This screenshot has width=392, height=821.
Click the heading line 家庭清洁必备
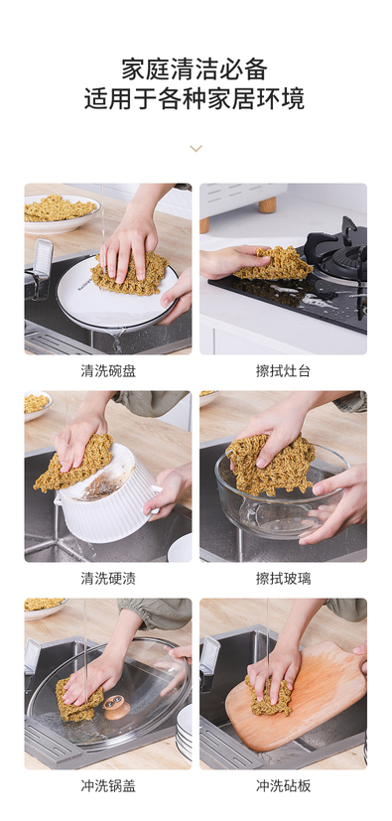coord(195,69)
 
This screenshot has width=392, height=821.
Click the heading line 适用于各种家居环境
coord(195,98)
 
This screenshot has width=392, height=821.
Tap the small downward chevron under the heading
coord(196,149)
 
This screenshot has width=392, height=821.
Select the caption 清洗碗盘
coord(108,371)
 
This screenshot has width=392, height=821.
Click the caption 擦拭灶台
coord(283,371)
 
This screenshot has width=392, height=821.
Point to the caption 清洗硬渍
coord(108,579)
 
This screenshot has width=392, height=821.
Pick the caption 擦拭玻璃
coord(283,579)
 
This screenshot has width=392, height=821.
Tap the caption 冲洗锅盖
coord(108,786)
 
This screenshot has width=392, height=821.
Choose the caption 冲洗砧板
coord(283,786)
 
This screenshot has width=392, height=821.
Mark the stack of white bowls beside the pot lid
coord(184,731)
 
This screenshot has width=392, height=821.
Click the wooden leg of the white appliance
coord(267,205)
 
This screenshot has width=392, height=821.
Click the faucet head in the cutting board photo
coord(209,658)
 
